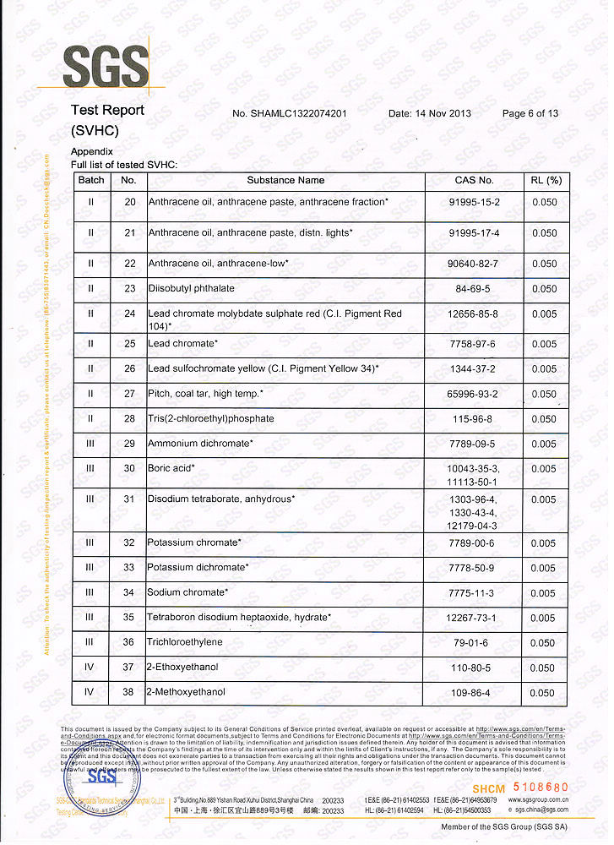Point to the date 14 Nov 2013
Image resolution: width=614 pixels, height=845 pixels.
430,113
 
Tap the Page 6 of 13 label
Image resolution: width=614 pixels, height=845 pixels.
530,113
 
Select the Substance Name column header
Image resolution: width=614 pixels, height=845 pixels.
285,180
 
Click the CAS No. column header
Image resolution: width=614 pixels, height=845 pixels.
474,180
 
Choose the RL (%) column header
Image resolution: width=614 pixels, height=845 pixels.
546,180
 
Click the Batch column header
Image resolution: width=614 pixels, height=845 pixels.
91,180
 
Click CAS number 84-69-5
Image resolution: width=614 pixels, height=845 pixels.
474,288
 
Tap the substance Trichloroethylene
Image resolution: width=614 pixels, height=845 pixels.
185,642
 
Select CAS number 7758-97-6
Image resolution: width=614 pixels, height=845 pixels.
474,344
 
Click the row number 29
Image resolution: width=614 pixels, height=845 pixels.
129,444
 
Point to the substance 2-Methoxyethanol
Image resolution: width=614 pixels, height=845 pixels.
186,692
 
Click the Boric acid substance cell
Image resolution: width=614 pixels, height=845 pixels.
171,468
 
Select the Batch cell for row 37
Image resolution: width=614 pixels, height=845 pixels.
90,668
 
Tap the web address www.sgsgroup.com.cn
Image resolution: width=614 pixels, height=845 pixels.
539,799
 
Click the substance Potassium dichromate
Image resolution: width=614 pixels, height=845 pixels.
198,568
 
